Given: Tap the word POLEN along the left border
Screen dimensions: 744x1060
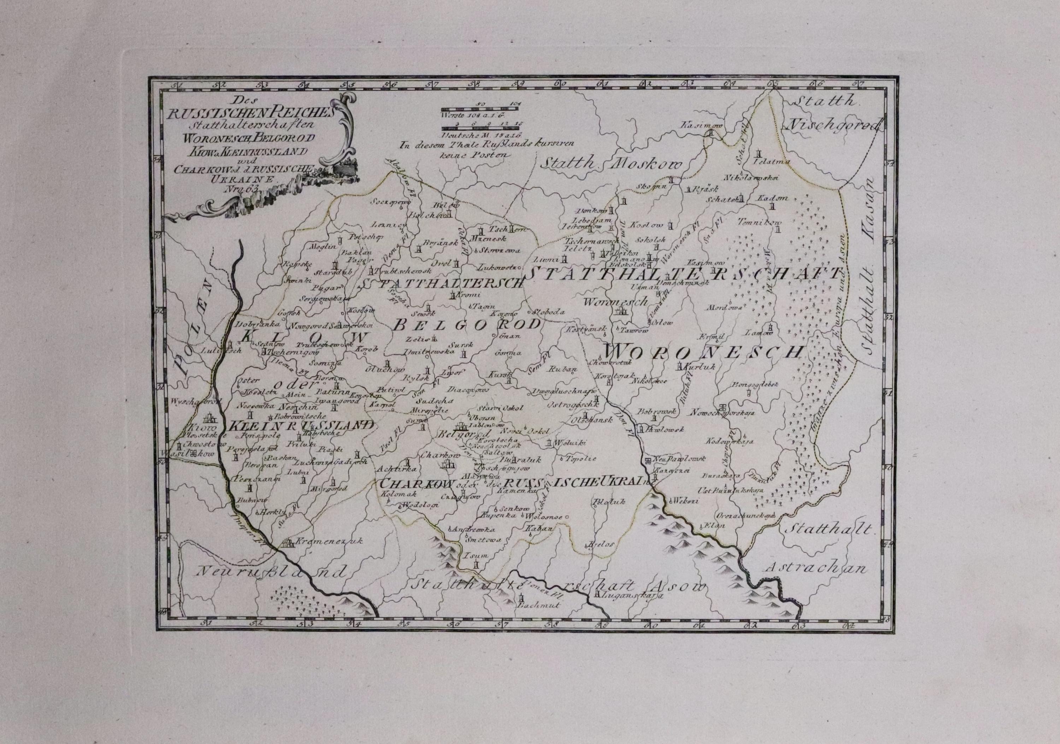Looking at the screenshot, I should pyautogui.click(x=193, y=332).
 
